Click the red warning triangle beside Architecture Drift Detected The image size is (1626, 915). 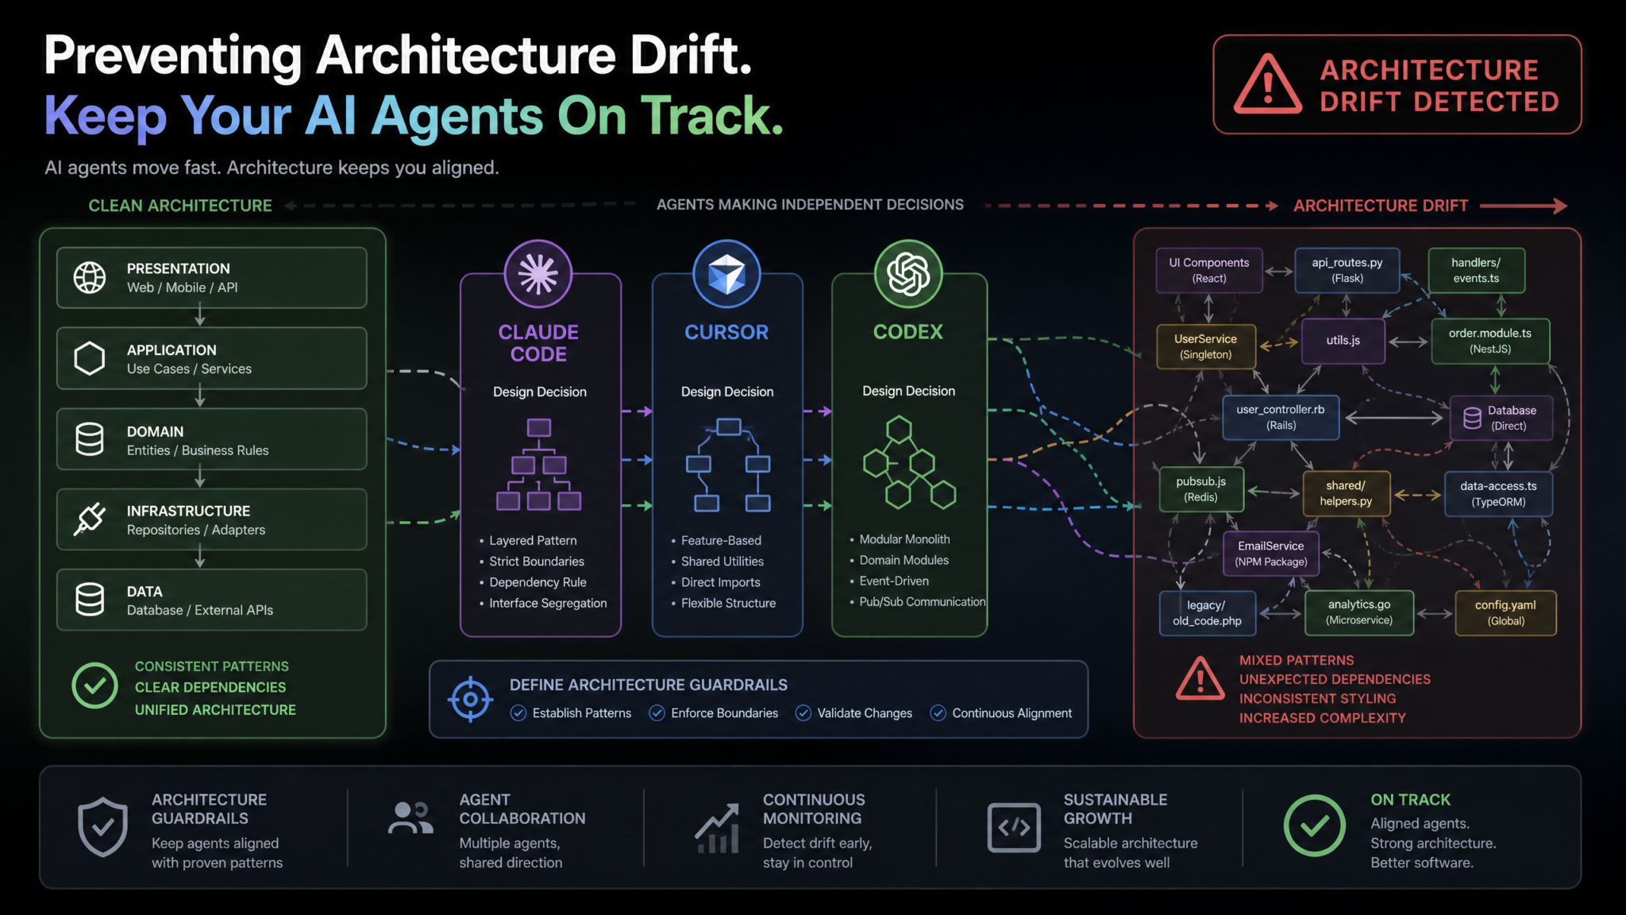pyautogui.click(x=1267, y=84)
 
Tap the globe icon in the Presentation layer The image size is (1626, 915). pyautogui.click(x=90, y=277)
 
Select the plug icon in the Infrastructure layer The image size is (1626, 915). pyautogui.click(x=90, y=519)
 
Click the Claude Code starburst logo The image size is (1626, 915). pyautogui.click(x=538, y=274)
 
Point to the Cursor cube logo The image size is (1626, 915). pyautogui.click(x=726, y=274)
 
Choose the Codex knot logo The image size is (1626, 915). pyautogui.click(x=908, y=274)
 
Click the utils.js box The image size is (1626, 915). pyautogui.click(x=1343, y=341)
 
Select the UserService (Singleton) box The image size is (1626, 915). pyautogui.click(x=1206, y=346)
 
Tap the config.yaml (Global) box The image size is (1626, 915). pyautogui.click(x=1505, y=612)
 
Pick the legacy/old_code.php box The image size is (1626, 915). pyautogui.click(x=1207, y=612)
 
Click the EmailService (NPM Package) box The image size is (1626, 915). pyautogui.click(x=1270, y=554)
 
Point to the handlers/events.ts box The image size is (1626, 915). pyautogui.click(x=1476, y=270)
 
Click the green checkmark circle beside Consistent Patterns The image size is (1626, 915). pyautogui.click(x=94, y=685)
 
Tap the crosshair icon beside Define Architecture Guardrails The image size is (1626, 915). pyautogui.click(x=470, y=699)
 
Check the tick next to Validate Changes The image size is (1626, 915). pyautogui.click(x=803, y=713)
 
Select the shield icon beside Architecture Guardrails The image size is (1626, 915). pyautogui.click(x=102, y=828)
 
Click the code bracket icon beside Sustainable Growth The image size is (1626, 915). pyautogui.click(x=1014, y=828)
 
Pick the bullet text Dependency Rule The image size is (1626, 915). pyautogui.click(x=538, y=582)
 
